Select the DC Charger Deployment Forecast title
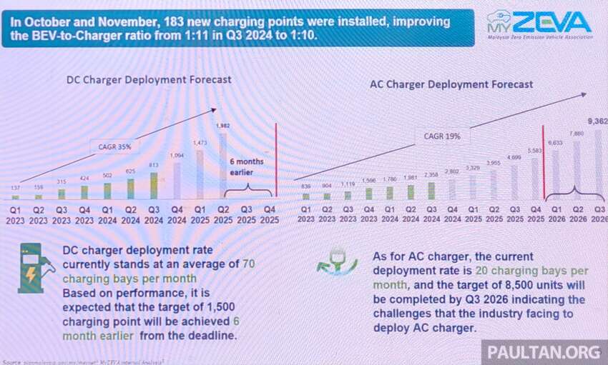[149, 80]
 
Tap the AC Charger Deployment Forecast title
[451, 84]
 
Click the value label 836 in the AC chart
[305, 185]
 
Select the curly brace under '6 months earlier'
[248, 189]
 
